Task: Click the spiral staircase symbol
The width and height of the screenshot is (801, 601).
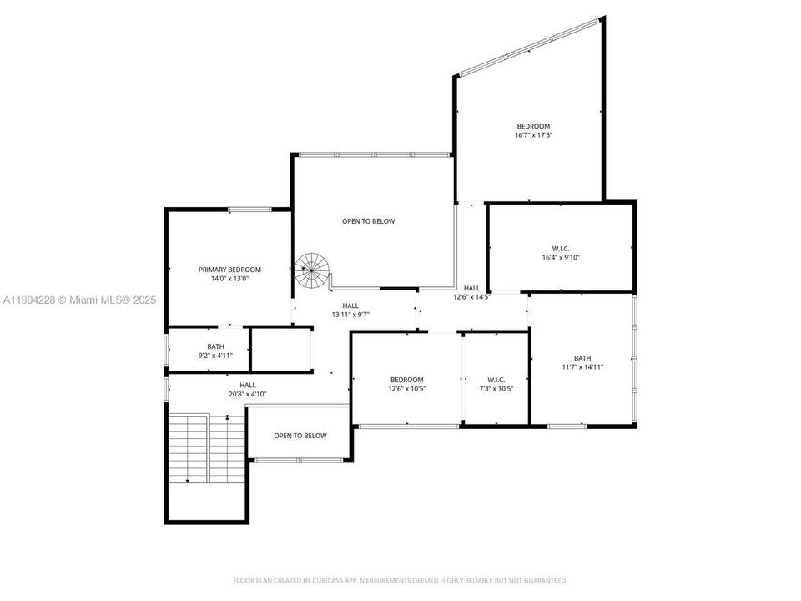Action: point(312,270)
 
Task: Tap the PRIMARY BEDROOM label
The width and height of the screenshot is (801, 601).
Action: point(229,270)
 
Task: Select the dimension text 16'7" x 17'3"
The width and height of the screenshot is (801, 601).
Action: point(533,134)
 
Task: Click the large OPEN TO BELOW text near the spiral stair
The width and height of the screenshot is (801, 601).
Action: point(368,221)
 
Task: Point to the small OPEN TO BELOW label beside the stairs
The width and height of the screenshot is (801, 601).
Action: point(300,436)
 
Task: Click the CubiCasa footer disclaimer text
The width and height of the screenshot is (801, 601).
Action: point(400,580)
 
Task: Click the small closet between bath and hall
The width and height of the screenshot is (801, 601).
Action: point(281,350)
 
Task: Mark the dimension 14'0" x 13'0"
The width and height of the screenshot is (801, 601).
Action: point(229,279)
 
